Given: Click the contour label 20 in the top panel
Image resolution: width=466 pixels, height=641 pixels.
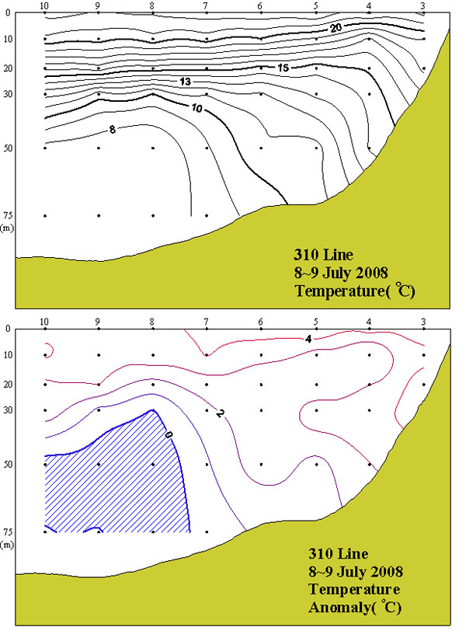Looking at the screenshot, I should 336,28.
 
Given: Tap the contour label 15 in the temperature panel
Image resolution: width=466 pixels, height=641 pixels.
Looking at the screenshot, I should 283,68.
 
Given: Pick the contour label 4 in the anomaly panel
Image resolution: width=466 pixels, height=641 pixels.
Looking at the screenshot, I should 308,338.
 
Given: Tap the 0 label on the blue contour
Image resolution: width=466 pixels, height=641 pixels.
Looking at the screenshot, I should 168,434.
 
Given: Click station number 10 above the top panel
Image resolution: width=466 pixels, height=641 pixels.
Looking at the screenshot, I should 44,5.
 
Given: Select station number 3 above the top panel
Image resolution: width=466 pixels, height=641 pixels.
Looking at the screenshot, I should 423,5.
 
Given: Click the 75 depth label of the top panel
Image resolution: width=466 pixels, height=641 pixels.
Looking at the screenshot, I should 7,216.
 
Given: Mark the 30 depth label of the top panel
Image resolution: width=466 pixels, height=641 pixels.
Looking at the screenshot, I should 7,94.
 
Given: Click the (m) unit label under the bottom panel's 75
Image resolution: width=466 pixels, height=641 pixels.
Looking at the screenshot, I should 7,545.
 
